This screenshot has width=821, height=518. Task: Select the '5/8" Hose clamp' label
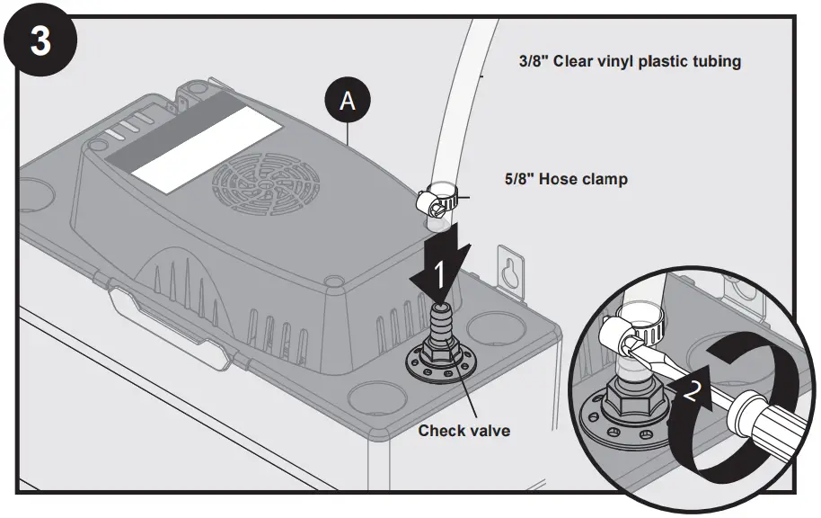566,179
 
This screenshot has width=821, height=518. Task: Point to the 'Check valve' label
463,431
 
